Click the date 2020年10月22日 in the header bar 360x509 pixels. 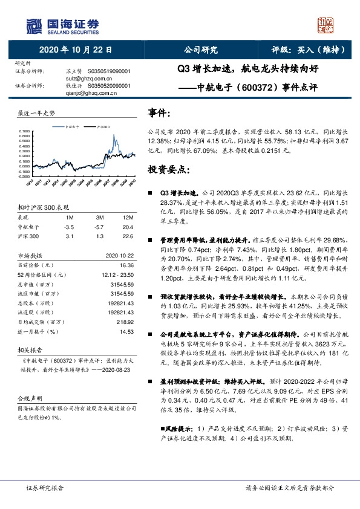75,50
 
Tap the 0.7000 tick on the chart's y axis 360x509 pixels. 24,131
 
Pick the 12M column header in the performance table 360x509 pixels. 127,216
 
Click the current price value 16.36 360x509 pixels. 126,264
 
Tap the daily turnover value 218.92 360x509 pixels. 125,322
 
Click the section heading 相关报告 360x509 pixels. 28,350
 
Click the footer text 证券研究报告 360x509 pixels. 45,487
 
